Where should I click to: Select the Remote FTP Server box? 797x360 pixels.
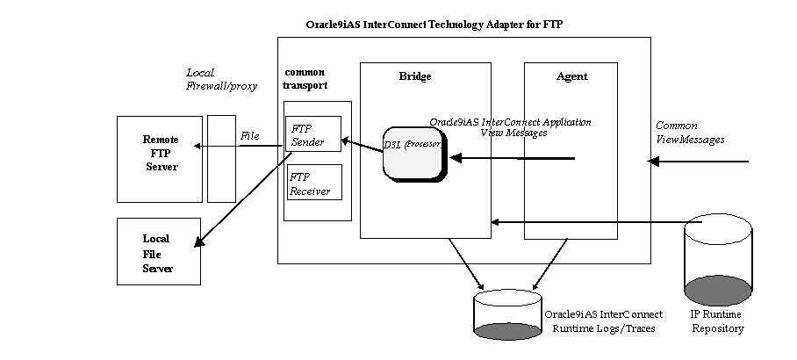pos(161,158)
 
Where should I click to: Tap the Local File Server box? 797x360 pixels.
pos(159,252)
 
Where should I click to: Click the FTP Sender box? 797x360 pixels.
pos(313,133)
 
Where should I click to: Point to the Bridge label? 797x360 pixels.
pos(415,76)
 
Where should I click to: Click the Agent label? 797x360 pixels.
pos(572,76)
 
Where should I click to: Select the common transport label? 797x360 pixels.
pos(306,78)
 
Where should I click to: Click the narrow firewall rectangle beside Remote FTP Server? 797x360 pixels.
pos(221,158)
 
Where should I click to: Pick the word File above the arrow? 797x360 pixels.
pos(250,135)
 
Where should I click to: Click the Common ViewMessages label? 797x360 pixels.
pos(690,133)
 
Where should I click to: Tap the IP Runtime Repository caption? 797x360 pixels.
pos(716,321)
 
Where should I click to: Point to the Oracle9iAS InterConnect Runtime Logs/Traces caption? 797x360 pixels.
pos(603,321)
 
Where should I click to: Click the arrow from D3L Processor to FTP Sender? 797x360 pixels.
pos(361,143)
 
